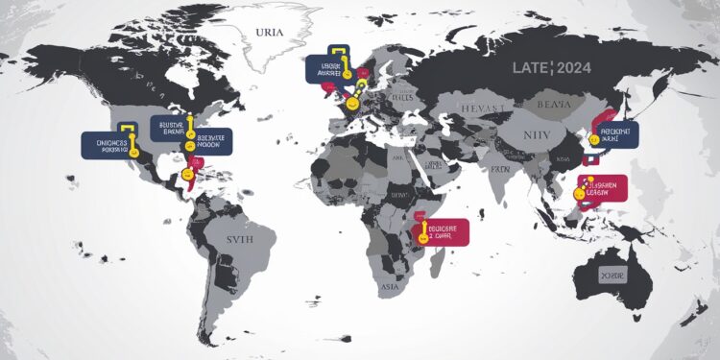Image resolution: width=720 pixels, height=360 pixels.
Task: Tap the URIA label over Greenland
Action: [x=272, y=33]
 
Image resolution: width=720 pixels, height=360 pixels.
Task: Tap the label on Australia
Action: [x=612, y=274]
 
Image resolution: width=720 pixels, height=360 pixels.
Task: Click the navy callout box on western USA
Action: [x=107, y=144]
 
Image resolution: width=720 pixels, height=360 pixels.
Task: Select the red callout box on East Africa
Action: [x=444, y=230]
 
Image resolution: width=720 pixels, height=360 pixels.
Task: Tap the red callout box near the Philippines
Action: [x=604, y=186]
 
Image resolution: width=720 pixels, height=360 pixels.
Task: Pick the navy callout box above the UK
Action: [x=329, y=67]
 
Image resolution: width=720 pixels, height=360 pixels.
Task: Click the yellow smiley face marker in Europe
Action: [x=352, y=99]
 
